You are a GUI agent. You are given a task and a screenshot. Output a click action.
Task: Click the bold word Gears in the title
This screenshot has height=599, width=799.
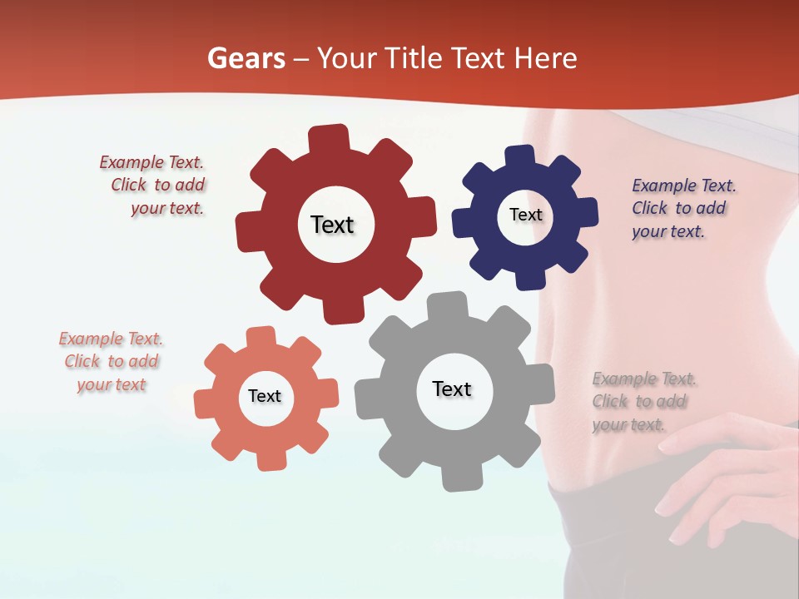(246, 58)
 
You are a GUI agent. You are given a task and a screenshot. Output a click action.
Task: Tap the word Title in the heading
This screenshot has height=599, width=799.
(415, 58)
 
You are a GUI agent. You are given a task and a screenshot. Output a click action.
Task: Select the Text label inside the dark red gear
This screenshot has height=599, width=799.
(332, 225)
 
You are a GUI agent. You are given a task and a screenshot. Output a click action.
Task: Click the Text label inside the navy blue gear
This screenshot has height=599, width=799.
(525, 215)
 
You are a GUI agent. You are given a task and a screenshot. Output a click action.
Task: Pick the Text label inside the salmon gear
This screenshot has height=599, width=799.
(265, 397)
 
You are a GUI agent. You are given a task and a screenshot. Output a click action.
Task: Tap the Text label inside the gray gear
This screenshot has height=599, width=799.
(452, 389)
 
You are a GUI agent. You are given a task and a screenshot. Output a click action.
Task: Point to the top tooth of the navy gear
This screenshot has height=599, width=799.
(519, 156)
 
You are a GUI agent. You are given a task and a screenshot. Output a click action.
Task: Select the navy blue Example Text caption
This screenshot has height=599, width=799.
(682, 209)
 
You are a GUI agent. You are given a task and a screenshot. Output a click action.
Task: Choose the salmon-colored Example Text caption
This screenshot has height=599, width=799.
(111, 362)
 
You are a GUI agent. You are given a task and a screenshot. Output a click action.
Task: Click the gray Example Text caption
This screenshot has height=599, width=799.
(643, 402)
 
